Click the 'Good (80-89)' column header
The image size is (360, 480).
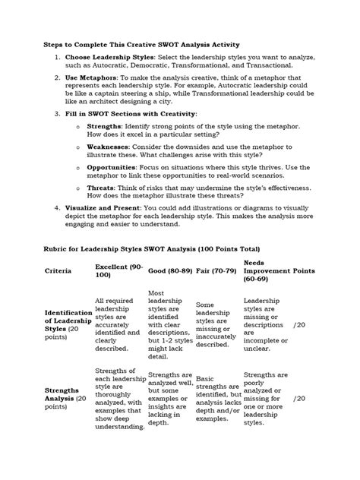coord(171,270)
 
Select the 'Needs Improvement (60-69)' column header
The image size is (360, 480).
coord(266,270)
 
